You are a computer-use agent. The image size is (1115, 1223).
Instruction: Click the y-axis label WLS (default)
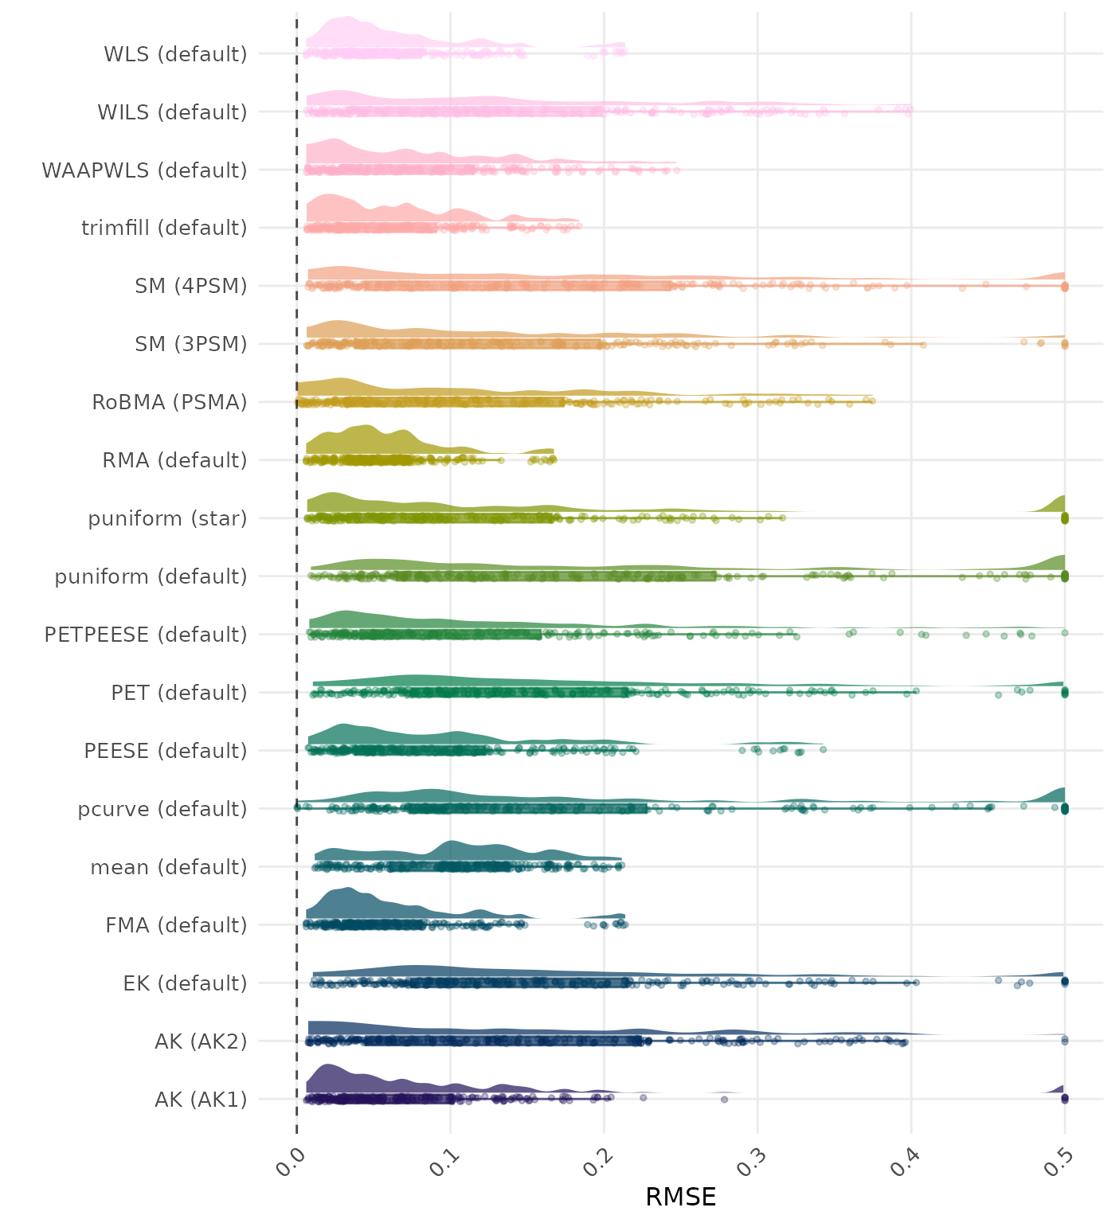(x=175, y=54)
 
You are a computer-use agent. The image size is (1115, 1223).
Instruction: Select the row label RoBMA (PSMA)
(x=169, y=402)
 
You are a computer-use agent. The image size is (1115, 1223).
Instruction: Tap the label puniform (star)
(x=167, y=518)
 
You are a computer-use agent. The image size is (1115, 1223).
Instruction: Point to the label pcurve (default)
(x=162, y=809)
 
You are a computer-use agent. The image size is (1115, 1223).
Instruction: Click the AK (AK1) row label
(x=201, y=1100)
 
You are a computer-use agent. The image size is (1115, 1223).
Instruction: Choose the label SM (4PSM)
(x=191, y=286)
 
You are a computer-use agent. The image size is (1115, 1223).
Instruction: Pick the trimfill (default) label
(x=164, y=228)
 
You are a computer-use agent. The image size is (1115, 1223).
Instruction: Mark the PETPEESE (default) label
(x=146, y=635)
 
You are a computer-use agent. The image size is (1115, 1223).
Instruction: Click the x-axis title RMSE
(x=680, y=1197)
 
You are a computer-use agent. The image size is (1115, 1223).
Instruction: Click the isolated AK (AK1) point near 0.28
(x=724, y=1099)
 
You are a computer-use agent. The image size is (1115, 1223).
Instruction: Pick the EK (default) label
(x=185, y=983)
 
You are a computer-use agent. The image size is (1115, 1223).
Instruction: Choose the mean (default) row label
(x=169, y=867)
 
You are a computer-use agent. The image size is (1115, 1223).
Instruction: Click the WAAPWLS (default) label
(x=144, y=170)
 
